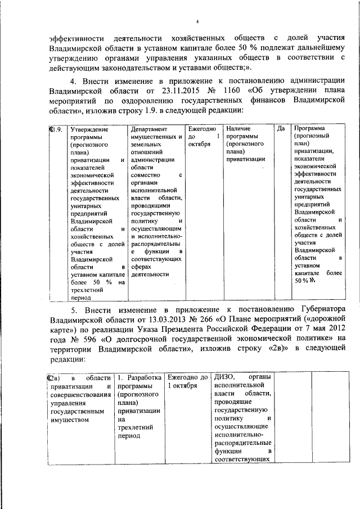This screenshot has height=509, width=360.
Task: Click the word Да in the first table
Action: click(282, 129)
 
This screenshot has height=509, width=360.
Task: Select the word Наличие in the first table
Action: click(237, 129)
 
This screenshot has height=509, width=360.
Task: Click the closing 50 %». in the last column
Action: click(304, 280)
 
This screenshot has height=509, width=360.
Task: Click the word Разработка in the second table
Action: click(145, 376)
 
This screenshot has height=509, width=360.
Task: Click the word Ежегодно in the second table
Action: click(183, 376)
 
